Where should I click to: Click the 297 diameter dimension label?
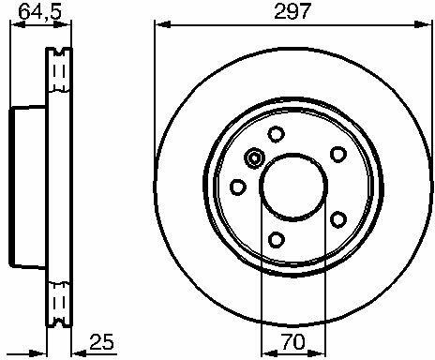click(292, 11)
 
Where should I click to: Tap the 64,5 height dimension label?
click(40, 11)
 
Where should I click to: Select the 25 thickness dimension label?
click(101, 341)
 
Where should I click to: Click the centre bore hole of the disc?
click(293, 186)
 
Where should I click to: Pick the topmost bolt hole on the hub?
click(277, 134)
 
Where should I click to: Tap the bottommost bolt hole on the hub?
click(277, 240)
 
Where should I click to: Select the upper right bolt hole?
click(338, 154)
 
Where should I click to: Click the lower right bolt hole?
click(338, 219)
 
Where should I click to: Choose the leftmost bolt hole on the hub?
click(238, 187)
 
